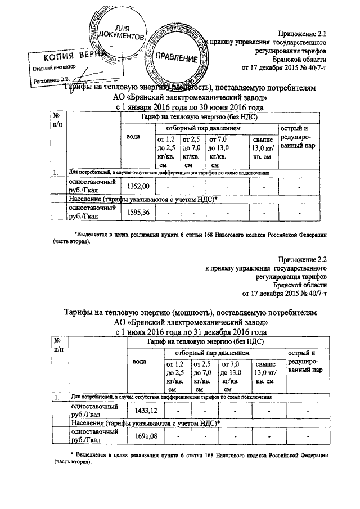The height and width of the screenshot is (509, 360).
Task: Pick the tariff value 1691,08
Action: [x=145, y=436]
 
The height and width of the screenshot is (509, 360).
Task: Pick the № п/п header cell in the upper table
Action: [x=57, y=120]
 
